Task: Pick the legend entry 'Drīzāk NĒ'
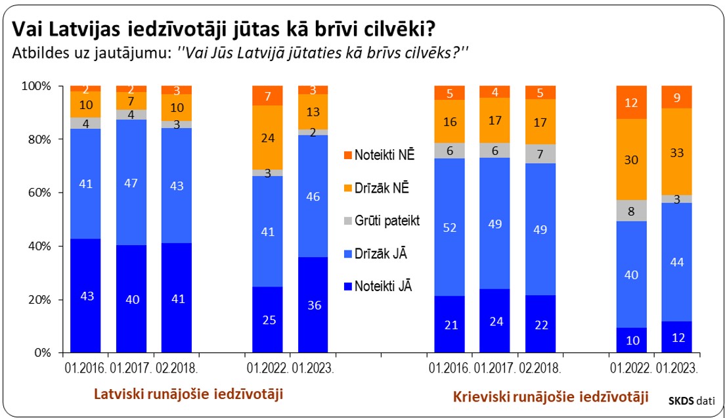pos(382,188)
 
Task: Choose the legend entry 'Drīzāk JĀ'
pos(380,253)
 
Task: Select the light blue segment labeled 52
pos(450,227)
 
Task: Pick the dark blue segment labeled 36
pos(313,305)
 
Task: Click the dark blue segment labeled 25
pos(268,319)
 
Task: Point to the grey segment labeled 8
pos(631,211)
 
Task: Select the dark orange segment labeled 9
pos(676,97)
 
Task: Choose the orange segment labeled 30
pos(631,160)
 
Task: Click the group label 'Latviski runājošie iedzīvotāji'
pos(188,394)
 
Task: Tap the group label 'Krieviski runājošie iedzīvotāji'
pos(551,397)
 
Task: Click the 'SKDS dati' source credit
pos(692,399)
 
